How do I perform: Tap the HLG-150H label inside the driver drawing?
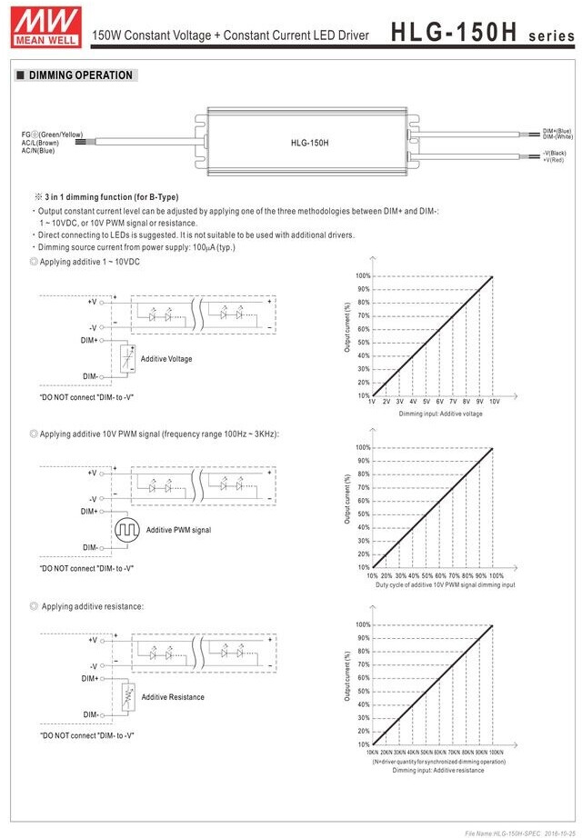[309, 143]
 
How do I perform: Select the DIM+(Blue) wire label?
[557, 131]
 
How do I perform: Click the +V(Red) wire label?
[554, 159]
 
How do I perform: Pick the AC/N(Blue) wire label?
[38, 150]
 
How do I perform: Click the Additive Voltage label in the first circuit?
[166, 359]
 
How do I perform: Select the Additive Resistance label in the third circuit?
[173, 697]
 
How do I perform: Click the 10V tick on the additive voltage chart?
[494, 401]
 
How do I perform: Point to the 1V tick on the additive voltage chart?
[372, 401]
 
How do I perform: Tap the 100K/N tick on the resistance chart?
[496, 753]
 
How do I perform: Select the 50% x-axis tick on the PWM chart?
[426, 575]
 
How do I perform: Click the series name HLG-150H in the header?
[454, 32]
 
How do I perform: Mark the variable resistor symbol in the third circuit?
[126, 697]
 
